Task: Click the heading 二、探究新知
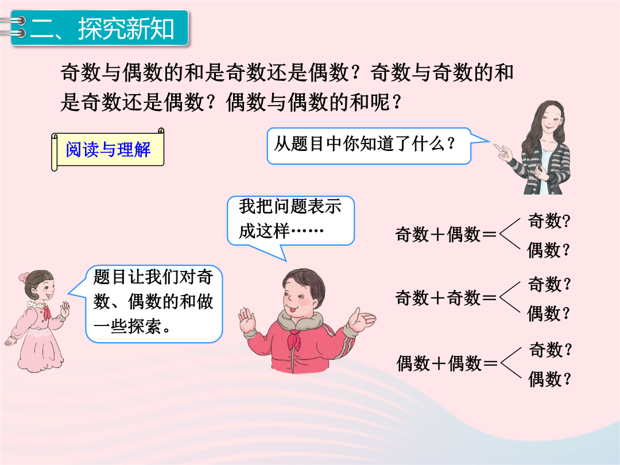click(x=102, y=29)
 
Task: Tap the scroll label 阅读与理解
click(x=107, y=149)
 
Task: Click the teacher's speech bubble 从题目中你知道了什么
click(x=369, y=145)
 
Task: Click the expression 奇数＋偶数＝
click(x=445, y=234)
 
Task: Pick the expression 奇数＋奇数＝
click(x=445, y=297)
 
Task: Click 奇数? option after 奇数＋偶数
click(x=549, y=220)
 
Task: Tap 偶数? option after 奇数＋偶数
click(x=549, y=250)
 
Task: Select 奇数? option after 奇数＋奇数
click(x=549, y=284)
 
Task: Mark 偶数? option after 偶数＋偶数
click(x=550, y=379)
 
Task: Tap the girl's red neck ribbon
click(x=46, y=312)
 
